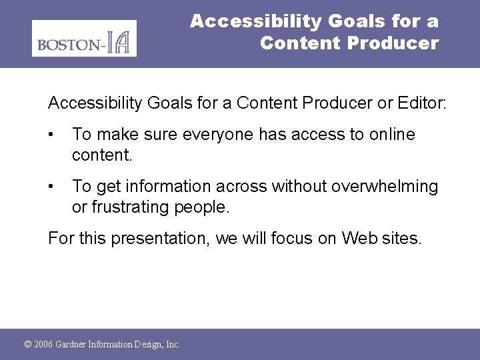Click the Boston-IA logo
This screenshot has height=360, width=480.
coord(84,38)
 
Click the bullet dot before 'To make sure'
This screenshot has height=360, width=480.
coord(53,135)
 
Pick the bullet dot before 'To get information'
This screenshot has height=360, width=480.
coord(53,187)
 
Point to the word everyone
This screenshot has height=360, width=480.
coord(215,135)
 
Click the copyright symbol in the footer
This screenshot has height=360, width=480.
coord(27,345)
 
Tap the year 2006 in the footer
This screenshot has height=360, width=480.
coord(43,345)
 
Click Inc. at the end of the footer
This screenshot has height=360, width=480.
coord(172,345)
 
